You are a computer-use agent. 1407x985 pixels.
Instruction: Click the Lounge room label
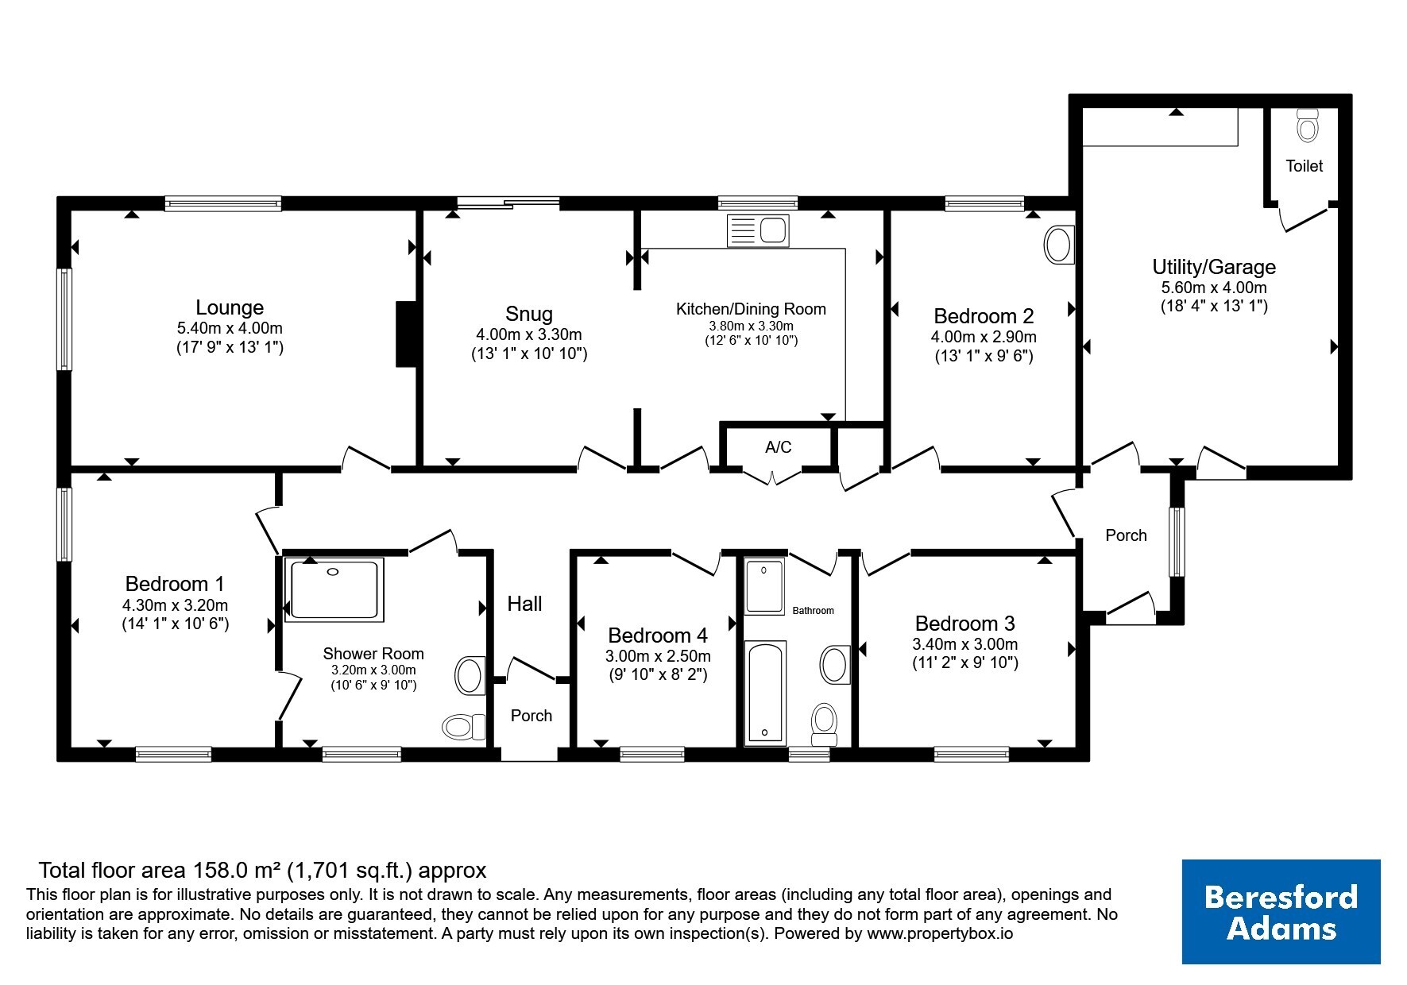click(x=230, y=307)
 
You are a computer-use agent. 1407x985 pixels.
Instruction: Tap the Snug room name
click(x=529, y=314)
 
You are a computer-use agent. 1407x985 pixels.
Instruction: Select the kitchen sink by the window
click(x=757, y=231)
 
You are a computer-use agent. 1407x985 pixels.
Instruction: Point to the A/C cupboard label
click(x=779, y=447)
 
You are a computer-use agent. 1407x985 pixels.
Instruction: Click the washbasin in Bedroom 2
click(x=1059, y=245)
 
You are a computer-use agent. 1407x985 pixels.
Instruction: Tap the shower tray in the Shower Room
click(x=335, y=589)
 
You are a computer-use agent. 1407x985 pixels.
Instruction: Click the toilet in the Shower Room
click(x=464, y=726)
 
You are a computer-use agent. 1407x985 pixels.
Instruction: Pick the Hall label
click(x=525, y=604)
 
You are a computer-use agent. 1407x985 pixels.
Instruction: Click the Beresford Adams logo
click(x=1281, y=912)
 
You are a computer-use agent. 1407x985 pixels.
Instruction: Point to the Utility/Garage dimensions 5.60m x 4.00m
click(x=1214, y=288)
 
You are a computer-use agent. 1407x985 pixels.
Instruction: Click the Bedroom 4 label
click(x=658, y=635)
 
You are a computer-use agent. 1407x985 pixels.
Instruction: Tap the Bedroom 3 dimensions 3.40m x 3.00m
click(x=965, y=644)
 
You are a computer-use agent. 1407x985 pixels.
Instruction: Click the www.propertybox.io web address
click(x=940, y=934)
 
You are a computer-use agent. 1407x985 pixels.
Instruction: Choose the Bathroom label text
click(x=814, y=610)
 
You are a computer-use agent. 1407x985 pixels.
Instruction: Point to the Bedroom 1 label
click(x=175, y=584)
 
